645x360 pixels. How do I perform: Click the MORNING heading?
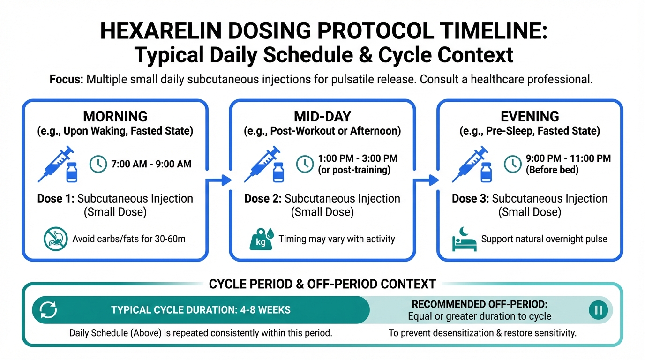point(115,116)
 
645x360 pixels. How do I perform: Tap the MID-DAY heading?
point(322,116)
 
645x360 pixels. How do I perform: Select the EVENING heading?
point(530,116)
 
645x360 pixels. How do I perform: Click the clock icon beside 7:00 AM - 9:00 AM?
point(98,164)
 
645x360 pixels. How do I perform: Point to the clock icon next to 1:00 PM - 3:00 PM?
point(305,164)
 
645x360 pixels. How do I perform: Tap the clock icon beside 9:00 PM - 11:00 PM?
point(512,164)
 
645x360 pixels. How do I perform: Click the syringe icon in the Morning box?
point(55,163)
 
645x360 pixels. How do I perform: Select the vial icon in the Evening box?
point(486,172)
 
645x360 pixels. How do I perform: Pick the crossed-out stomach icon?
point(56,239)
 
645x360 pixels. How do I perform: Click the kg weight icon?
point(262,239)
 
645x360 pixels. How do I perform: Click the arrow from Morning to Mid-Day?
point(219,180)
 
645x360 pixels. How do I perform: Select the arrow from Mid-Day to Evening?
point(426,180)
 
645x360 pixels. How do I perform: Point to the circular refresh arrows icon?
point(48,310)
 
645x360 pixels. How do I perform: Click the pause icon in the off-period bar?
point(598,310)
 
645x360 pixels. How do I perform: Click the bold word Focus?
point(66,79)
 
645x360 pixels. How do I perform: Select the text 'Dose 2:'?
point(263,198)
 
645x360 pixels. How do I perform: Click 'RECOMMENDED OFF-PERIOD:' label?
point(480,304)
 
